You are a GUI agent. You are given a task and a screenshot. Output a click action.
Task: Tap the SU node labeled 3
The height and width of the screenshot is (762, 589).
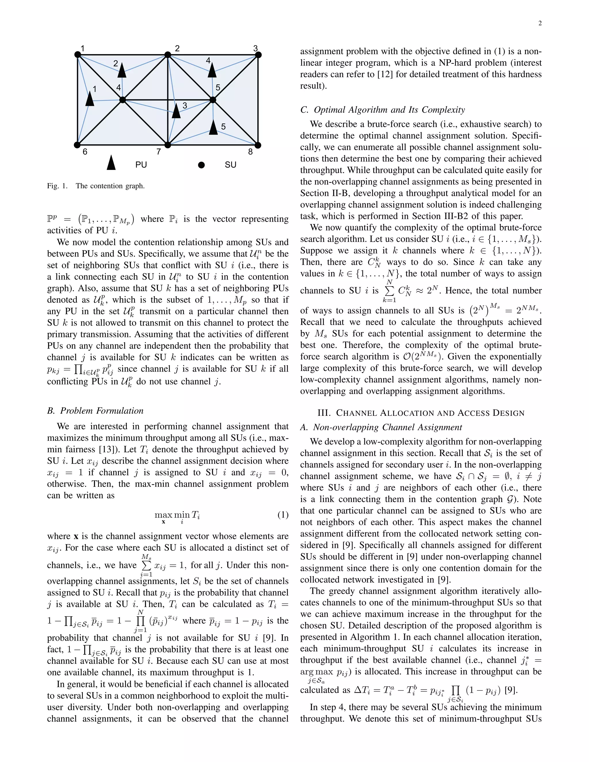click(x=258, y=55)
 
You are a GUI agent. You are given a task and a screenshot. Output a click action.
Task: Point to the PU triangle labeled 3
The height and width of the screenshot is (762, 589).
click(x=176, y=111)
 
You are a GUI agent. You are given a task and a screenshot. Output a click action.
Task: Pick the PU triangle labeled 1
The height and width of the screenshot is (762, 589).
click(x=90, y=99)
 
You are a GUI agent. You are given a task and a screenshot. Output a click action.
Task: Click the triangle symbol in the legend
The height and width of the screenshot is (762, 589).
click(x=111, y=163)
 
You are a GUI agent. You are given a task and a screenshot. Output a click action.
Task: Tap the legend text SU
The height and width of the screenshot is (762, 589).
click(x=230, y=165)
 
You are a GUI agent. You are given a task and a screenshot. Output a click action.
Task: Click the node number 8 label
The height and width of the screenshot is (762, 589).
click(x=250, y=152)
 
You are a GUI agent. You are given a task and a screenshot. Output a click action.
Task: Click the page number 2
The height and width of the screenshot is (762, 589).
click(x=540, y=23)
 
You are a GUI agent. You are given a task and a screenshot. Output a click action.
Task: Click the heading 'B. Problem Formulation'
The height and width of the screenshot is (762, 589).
click(x=95, y=411)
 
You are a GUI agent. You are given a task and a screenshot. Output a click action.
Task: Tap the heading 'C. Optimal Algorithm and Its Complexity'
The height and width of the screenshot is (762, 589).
click(x=383, y=110)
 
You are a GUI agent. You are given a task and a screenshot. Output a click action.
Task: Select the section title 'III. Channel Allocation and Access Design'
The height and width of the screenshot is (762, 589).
click(x=421, y=413)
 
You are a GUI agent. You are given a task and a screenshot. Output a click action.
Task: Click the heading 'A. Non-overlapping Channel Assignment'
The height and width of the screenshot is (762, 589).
click(x=381, y=427)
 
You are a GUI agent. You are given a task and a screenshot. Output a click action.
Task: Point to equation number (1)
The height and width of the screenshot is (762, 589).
click(x=283, y=515)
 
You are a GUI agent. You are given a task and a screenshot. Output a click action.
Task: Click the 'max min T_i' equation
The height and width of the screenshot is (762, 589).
click(x=177, y=515)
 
